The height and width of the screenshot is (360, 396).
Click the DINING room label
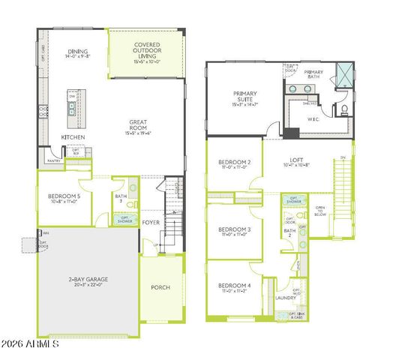(77, 52)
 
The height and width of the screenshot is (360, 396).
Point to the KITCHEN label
(73, 138)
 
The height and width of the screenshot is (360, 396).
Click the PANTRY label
(54, 160)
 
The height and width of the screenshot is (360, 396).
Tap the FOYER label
(151, 222)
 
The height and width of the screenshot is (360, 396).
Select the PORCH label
(160, 287)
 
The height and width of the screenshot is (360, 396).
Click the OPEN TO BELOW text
(320, 211)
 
